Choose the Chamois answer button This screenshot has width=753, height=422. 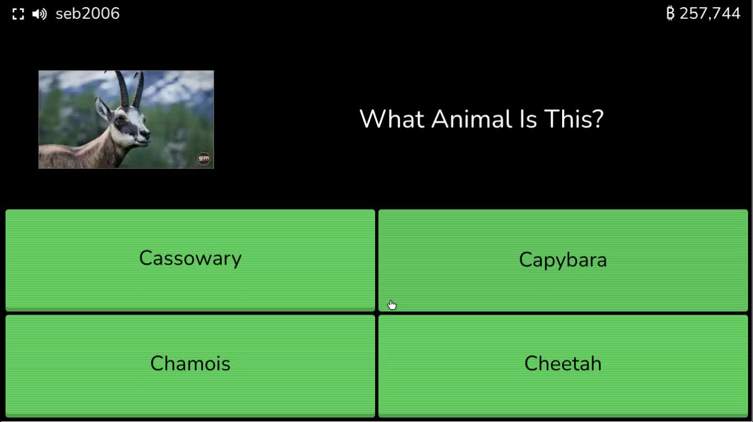[x=190, y=365]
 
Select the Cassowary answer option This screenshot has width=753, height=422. [x=190, y=260]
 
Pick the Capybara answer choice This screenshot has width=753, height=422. [x=563, y=260]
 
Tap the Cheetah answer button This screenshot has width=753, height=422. [x=563, y=365]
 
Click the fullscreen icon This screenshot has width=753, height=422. [x=18, y=14]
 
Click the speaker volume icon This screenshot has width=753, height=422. [x=39, y=14]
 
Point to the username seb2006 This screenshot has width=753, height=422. [x=87, y=14]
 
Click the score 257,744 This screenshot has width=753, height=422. [x=709, y=14]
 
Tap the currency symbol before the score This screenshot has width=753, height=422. [x=670, y=14]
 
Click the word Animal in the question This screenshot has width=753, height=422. [x=472, y=119]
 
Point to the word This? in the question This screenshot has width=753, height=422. [x=574, y=119]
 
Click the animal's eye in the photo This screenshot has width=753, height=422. [x=121, y=119]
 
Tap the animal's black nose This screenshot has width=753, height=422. [x=146, y=134]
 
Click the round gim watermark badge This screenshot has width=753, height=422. [x=204, y=158]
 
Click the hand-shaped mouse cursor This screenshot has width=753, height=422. [x=392, y=305]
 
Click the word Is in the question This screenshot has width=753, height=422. [x=528, y=119]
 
